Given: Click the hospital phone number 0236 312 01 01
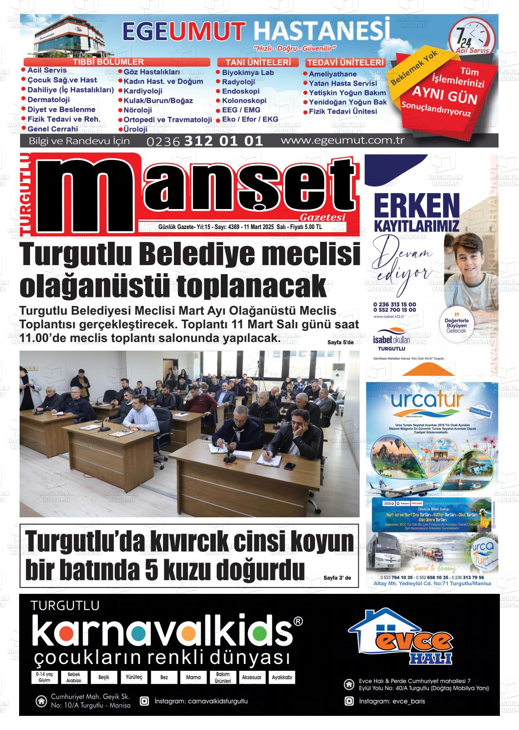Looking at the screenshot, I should [205, 141].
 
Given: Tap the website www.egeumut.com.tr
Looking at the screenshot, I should [342, 140].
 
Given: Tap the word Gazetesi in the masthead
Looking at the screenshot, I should [323, 217].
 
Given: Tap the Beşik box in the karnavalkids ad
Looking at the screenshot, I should [103, 677].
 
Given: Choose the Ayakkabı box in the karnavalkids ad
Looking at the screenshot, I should [282, 677].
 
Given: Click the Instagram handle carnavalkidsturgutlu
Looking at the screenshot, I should [201, 701].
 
